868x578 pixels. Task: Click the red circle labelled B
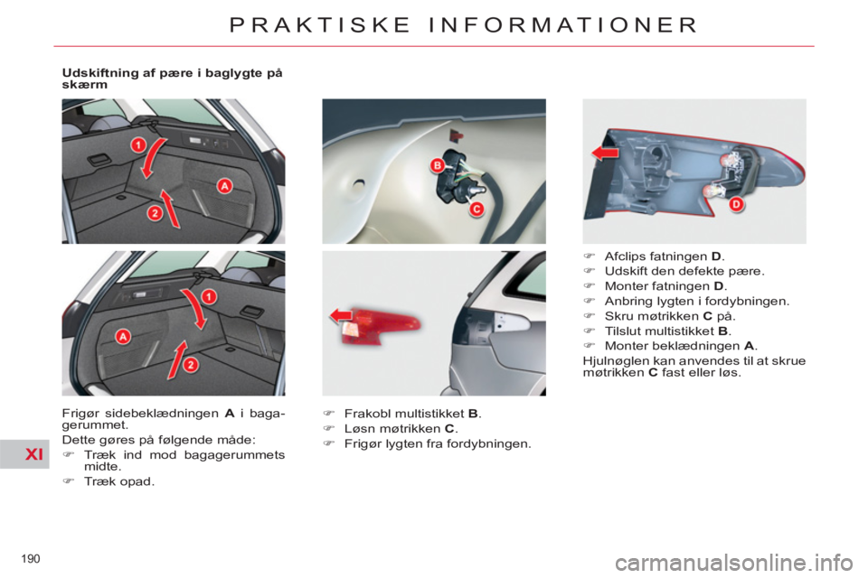(438, 165)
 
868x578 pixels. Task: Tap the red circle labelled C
(476, 209)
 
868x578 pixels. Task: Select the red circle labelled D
(736, 204)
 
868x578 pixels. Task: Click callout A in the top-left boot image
(224, 186)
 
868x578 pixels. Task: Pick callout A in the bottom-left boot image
(122, 336)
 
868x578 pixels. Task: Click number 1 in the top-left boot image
(137, 145)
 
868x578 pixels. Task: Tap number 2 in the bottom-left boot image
(190, 365)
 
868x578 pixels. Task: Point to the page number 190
(31, 559)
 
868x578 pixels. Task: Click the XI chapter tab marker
(34, 454)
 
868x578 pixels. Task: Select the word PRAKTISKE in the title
(319, 25)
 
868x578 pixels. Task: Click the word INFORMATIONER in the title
(563, 25)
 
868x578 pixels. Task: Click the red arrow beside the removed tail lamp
(341, 316)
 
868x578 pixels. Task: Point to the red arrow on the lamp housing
(605, 152)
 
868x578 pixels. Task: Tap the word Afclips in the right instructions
(625, 256)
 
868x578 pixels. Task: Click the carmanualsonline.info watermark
(734, 563)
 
